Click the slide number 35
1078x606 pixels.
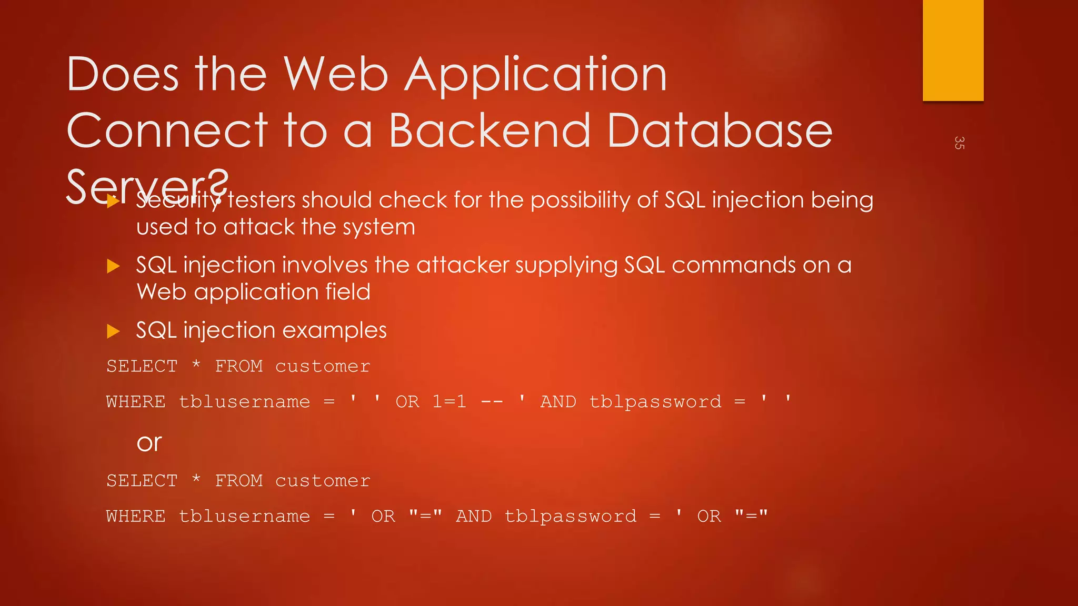(959, 143)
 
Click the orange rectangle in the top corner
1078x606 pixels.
(953, 50)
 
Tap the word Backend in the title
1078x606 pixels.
(490, 130)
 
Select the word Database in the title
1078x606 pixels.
(720, 130)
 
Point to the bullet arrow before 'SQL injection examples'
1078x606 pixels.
(113, 331)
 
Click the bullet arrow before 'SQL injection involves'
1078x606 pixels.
(113, 266)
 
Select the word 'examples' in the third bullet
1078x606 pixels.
(334, 331)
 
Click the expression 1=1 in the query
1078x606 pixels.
(449, 402)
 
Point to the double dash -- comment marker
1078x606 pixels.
(492, 402)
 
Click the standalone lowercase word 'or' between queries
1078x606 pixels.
(149, 443)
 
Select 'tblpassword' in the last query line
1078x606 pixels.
(571, 517)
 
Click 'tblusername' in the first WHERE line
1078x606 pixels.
(245, 402)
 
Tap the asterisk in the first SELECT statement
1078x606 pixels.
(196, 365)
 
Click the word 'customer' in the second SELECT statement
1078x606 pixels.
(323, 481)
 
